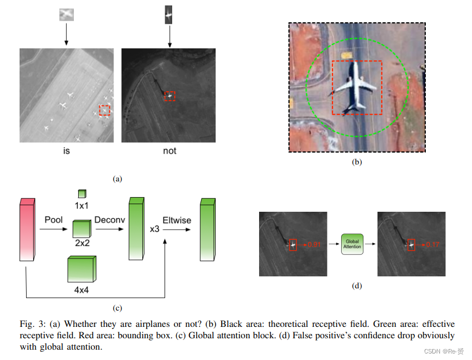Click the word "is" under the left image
(x=66, y=151)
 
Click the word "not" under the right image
(x=169, y=151)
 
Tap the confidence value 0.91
(x=315, y=245)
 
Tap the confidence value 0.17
(x=432, y=245)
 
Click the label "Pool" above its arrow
(x=53, y=220)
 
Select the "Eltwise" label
(x=176, y=220)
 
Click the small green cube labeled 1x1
(x=81, y=193)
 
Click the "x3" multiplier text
(x=154, y=229)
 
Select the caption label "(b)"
(x=356, y=161)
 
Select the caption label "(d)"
(x=356, y=286)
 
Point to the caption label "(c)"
(x=117, y=308)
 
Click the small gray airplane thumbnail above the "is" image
(x=66, y=15)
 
